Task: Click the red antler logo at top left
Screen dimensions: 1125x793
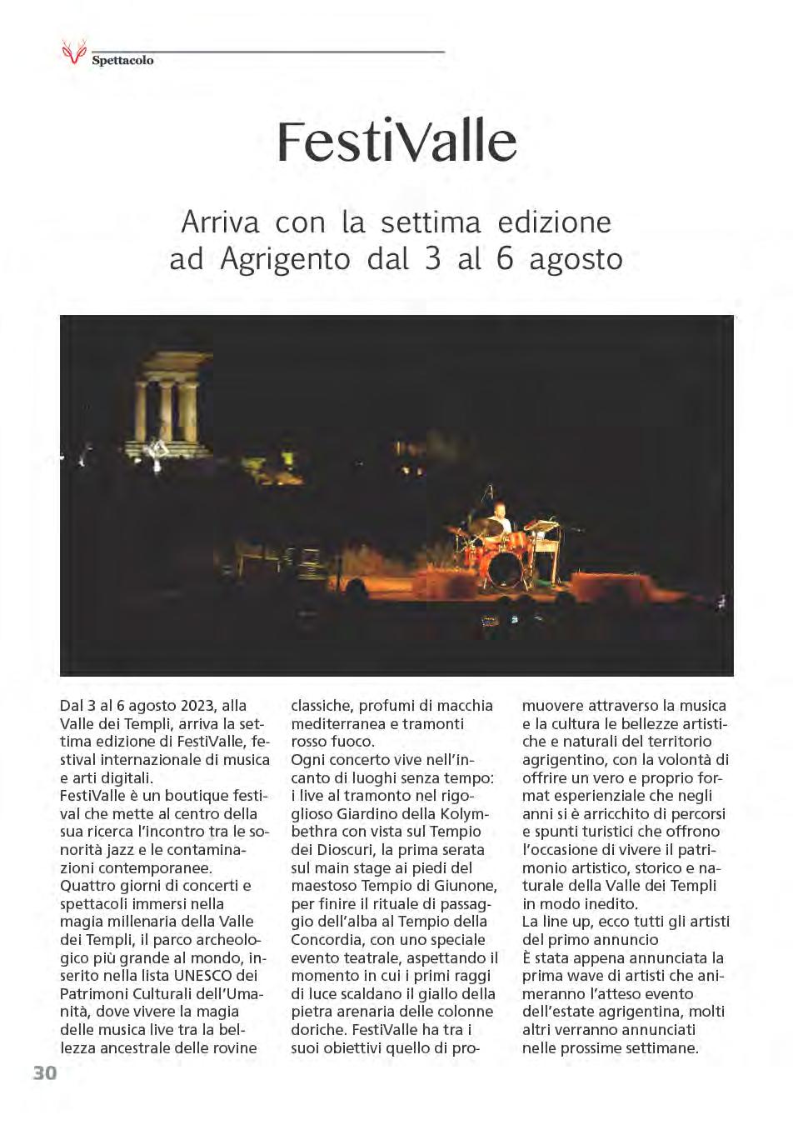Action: click(x=73, y=52)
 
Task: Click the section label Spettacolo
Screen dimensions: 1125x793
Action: click(x=122, y=61)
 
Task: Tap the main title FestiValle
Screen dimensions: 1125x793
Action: click(x=396, y=142)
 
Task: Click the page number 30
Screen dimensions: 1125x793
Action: click(x=45, y=1072)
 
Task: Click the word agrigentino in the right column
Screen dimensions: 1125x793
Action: click(x=564, y=760)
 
